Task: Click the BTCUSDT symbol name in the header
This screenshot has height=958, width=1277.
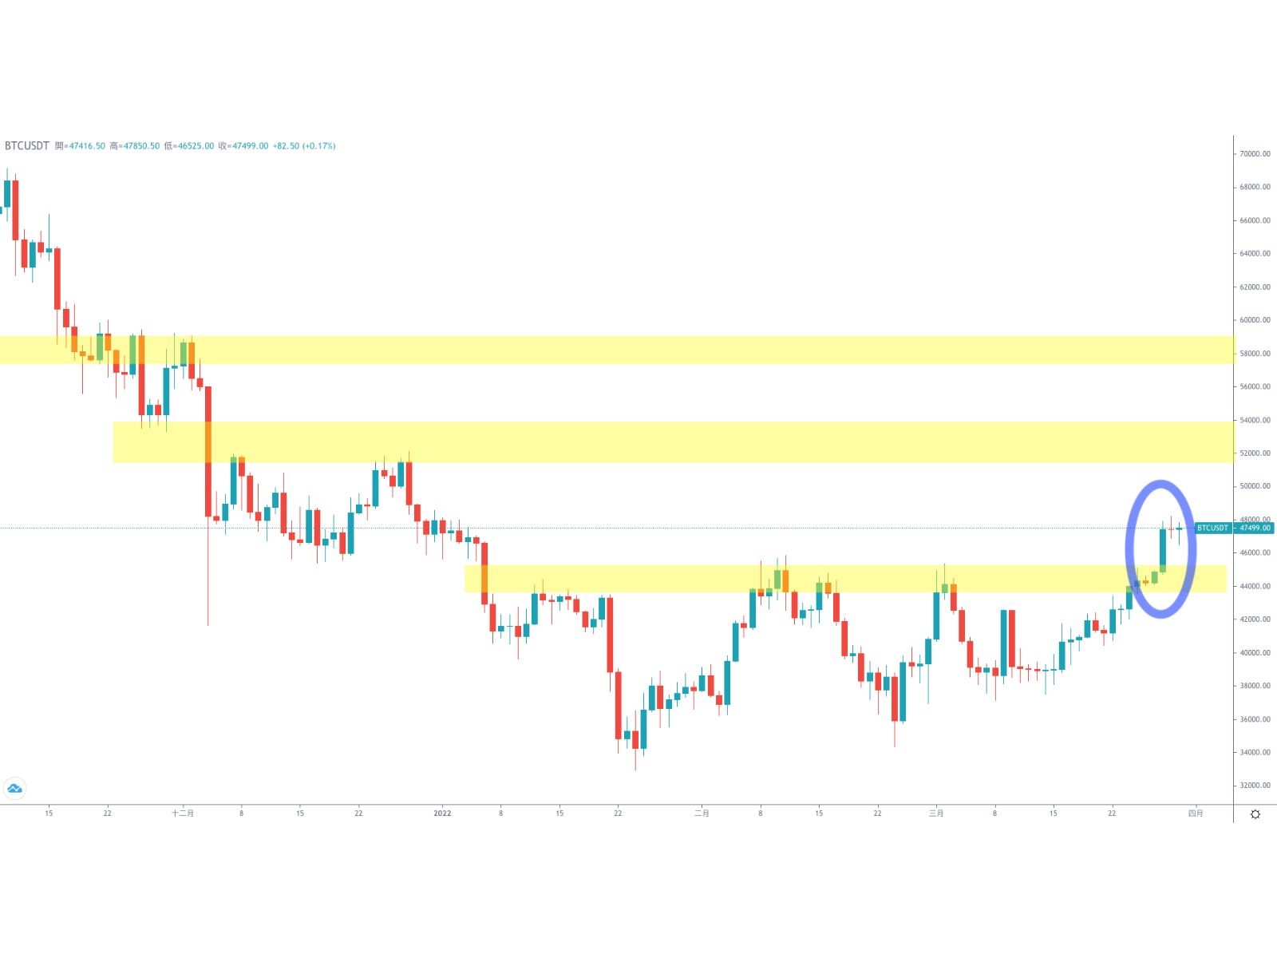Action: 27,146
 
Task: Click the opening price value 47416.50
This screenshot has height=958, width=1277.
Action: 87,146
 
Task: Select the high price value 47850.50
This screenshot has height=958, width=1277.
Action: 140,146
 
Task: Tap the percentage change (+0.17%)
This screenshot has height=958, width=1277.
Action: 318,146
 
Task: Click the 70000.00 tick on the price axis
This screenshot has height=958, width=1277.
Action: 1254,154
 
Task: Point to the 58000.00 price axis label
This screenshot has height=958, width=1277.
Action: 1254,354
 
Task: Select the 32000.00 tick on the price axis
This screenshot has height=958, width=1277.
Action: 1254,786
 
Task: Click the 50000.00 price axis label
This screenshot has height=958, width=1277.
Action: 1254,486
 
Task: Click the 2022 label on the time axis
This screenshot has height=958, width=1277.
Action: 442,814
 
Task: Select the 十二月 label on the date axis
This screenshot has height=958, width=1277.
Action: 183,814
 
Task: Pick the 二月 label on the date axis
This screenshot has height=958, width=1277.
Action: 702,814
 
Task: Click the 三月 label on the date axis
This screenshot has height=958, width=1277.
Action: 936,814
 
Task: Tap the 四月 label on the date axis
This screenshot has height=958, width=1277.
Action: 1195,814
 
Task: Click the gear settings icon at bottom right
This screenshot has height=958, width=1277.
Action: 1255,814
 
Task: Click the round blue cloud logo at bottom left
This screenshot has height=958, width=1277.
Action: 14,789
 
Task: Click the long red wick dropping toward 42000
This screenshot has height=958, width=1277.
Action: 208,575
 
